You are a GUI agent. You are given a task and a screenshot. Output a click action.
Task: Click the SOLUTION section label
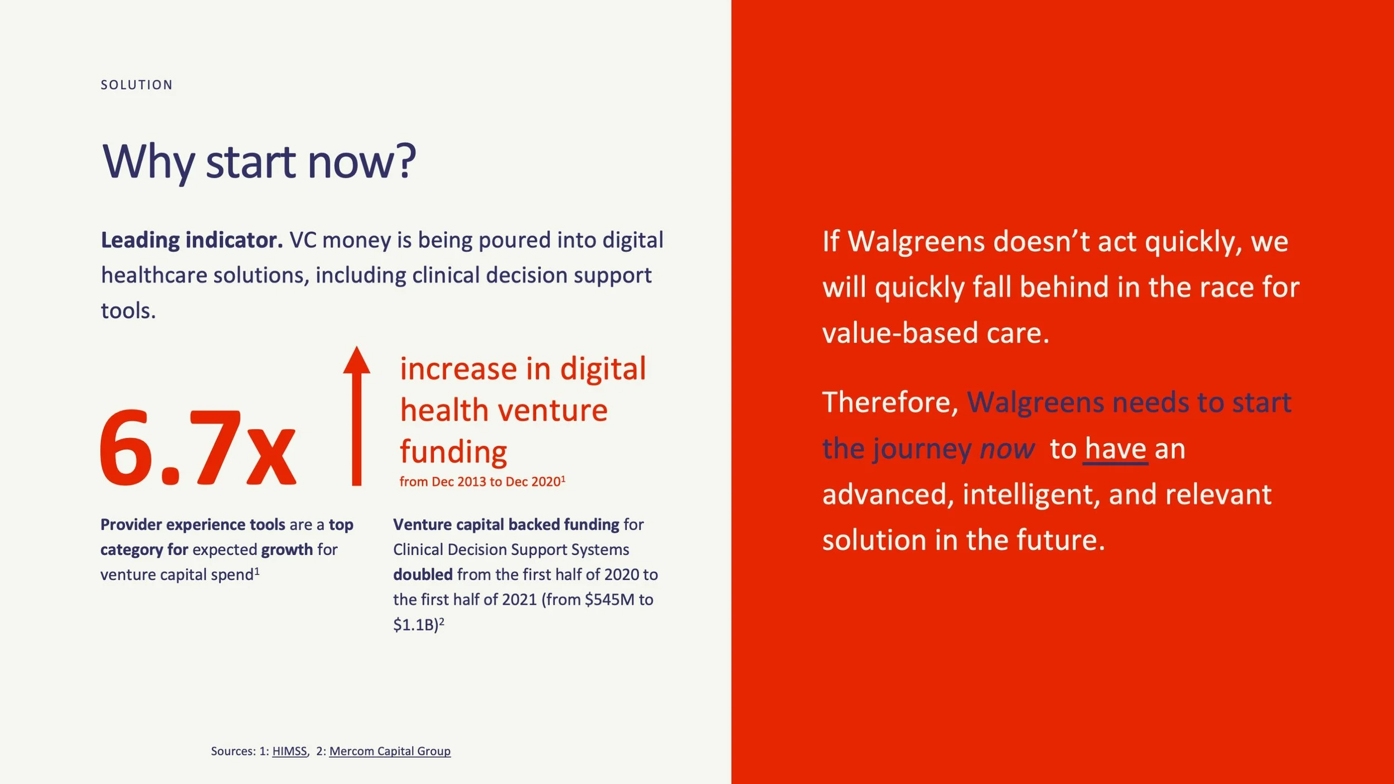(x=137, y=85)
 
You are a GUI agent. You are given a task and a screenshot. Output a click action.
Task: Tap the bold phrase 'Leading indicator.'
(x=192, y=240)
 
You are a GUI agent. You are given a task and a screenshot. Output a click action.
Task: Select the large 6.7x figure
(x=198, y=447)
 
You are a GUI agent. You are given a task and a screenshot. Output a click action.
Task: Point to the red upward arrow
(x=356, y=416)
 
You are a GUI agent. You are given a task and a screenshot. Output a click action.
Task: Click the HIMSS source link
(x=289, y=751)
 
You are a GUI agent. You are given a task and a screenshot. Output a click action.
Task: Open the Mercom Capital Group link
(x=390, y=751)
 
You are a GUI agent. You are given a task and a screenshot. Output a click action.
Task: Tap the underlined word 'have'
(x=1115, y=449)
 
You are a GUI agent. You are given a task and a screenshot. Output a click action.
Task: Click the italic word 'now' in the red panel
(x=1007, y=449)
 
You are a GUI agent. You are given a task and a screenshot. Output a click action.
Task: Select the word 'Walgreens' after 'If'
(x=916, y=241)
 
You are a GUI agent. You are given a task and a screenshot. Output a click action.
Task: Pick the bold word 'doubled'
(x=423, y=574)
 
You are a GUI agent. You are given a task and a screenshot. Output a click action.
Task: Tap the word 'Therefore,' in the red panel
(x=890, y=402)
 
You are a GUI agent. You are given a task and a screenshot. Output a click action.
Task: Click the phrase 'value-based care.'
(x=936, y=333)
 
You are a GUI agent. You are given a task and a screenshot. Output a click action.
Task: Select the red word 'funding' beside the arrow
(x=453, y=451)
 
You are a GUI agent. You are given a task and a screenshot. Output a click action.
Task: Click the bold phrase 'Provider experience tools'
(x=193, y=525)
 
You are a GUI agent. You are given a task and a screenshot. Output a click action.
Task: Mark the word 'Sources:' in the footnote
(x=233, y=751)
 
